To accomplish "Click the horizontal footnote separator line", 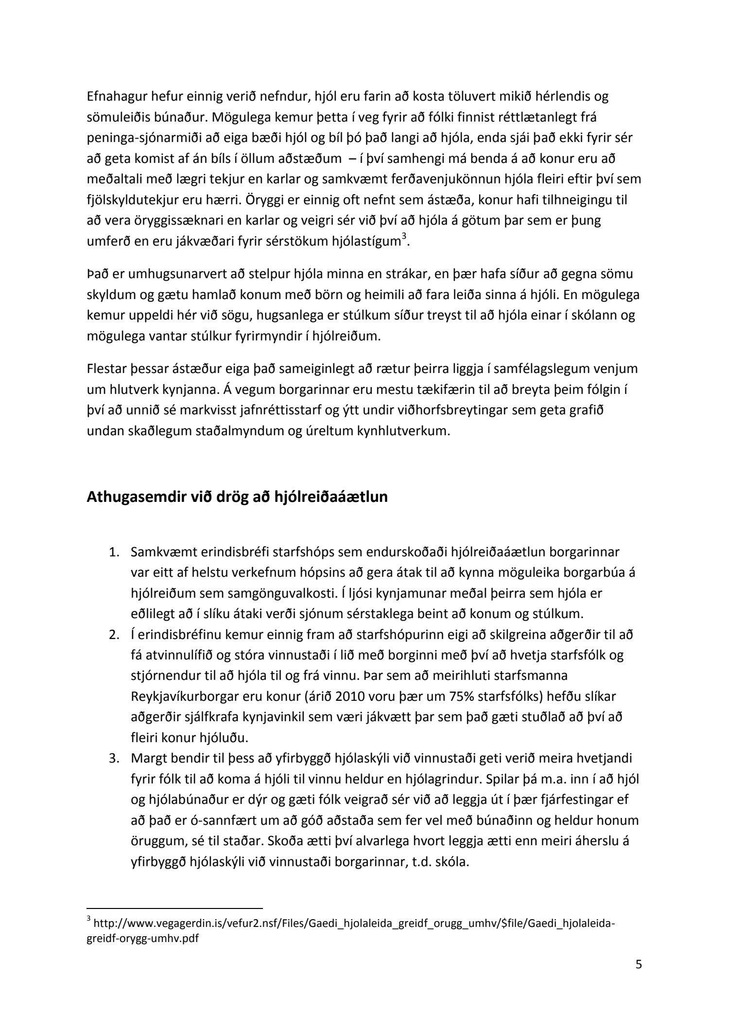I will (x=174, y=907).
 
